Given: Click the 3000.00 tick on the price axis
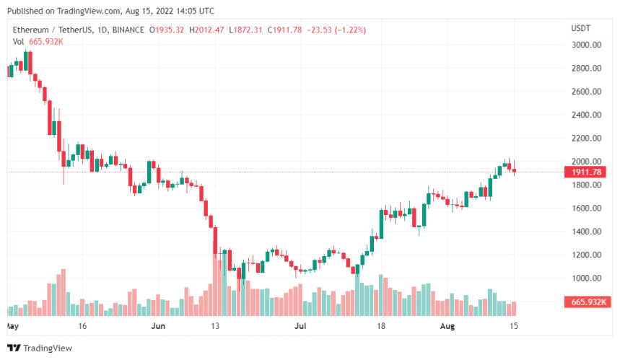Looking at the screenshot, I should [585, 45].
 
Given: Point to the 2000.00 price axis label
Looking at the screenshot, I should [585, 162].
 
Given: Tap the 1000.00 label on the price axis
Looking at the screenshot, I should [585, 278].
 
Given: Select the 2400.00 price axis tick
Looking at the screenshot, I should [585, 115].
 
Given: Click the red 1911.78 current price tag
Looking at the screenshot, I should [585, 172].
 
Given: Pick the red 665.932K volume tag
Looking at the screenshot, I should [585, 302].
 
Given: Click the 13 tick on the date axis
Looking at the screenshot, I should [214, 326].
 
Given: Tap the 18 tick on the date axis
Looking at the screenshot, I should [380, 326].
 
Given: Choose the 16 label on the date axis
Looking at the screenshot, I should [82, 326].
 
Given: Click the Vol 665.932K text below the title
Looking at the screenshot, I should [38, 41].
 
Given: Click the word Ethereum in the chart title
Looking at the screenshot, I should [31, 30].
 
